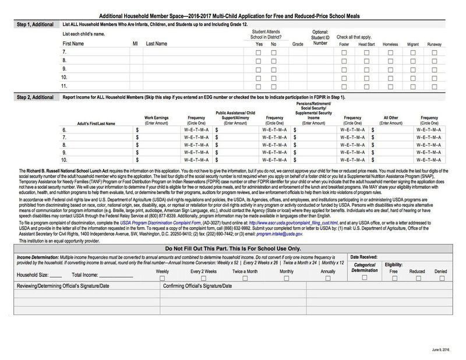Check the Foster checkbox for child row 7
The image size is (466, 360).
[x=344, y=52]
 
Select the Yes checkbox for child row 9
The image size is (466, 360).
[x=259, y=69]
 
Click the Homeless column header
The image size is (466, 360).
[x=389, y=44]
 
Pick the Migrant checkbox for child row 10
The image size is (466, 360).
[x=412, y=77]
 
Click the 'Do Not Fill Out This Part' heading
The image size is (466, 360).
[x=233, y=248]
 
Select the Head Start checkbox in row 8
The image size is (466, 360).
[x=366, y=61]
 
